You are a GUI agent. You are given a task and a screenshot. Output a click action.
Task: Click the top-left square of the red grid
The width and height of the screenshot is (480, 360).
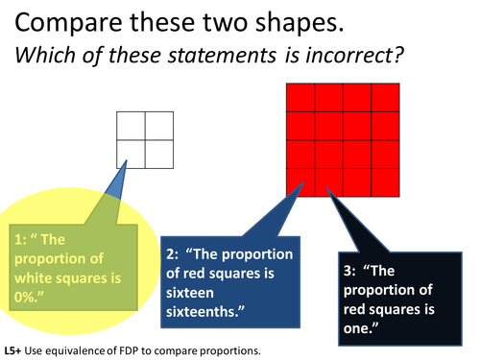(300, 97)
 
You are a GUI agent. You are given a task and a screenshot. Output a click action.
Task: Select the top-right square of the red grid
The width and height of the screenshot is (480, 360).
(385, 97)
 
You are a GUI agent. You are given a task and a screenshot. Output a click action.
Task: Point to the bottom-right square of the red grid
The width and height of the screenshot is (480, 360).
(385, 180)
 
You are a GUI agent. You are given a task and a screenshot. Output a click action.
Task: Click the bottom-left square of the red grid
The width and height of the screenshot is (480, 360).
(300, 180)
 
